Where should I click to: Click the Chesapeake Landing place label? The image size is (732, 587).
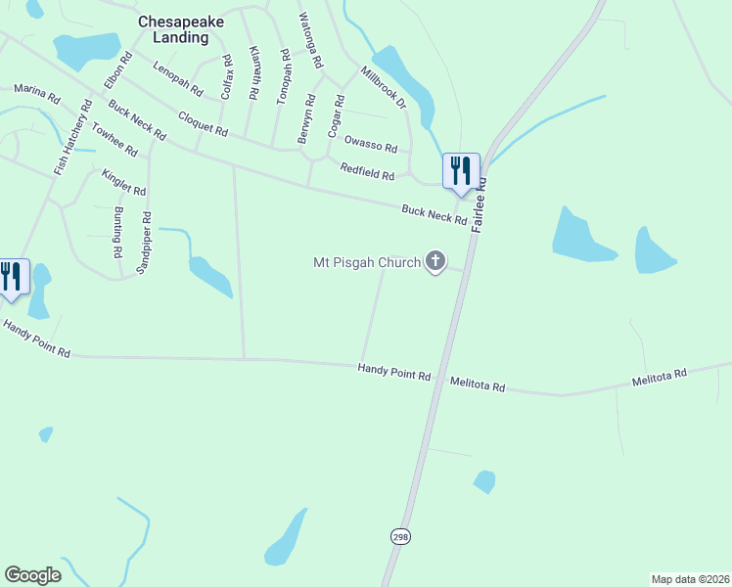[173, 29]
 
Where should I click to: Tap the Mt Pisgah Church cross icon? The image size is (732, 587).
[435, 261]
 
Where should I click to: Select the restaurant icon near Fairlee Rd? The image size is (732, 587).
[460, 170]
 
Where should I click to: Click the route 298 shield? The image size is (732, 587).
[400, 536]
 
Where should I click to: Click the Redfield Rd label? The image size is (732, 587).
[367, 171]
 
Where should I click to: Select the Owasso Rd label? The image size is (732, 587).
[371, 143]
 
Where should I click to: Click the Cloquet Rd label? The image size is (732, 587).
[203, 123]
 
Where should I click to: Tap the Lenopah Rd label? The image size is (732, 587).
[178, 79]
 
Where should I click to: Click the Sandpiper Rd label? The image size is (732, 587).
[144, 243]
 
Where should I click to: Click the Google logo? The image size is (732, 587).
[32, 574]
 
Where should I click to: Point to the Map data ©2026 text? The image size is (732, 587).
[690, 579]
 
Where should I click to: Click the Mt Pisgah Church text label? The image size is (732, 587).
[366, 262]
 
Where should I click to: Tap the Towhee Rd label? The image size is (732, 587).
[114, 138]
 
